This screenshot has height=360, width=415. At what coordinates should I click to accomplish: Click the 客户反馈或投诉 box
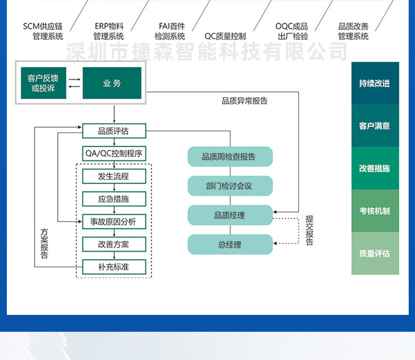tap(44, 83)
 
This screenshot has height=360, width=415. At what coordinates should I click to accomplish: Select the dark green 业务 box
tap(112, 83)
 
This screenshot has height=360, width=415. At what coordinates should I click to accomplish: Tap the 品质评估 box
tap(114, 131)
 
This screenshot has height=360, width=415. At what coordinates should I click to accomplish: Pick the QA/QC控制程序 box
tap(114, 153)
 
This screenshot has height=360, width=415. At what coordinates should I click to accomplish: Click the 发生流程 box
tap(114, 176)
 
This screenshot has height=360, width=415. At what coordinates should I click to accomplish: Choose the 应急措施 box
tap(114, 199)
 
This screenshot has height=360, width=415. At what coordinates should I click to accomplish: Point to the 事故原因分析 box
tap(114, 221)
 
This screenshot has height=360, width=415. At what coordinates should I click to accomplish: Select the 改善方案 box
tap(114, 244)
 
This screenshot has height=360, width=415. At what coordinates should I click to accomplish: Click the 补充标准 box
tap(114, 267)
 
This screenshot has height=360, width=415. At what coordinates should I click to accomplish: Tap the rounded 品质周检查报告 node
tap(230, 156)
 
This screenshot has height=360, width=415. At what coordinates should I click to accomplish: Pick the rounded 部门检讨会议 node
tap(230, 186)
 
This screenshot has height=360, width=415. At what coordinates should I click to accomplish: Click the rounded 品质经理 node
tap(230, 215)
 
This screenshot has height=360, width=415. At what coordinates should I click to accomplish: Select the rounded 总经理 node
tap(230, 245)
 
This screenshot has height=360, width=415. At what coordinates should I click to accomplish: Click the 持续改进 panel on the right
tap(375, 83)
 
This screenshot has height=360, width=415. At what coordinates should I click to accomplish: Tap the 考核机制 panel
tap(375, 211)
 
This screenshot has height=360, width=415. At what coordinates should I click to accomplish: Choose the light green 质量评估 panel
tap(375, 253)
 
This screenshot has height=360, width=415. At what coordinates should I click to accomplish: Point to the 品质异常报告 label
tap(245, 101)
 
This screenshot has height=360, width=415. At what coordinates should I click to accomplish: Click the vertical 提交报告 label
tap(309, 230)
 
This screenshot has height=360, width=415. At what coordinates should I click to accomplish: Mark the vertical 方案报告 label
tap(44, 243)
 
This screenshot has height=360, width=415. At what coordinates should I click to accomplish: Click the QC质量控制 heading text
tap(225, 36)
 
